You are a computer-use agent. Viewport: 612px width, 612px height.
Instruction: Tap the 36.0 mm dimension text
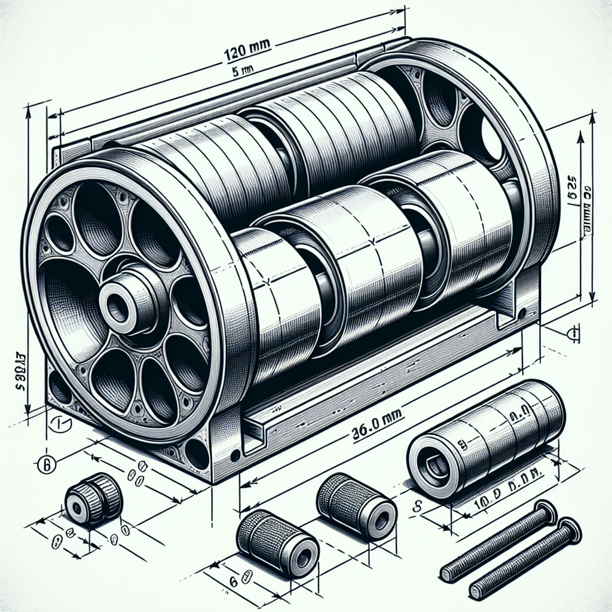(373, 415)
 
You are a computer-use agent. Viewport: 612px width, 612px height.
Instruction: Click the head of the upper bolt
(546, 512)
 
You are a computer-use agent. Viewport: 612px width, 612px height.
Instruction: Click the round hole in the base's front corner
(197, 453)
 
